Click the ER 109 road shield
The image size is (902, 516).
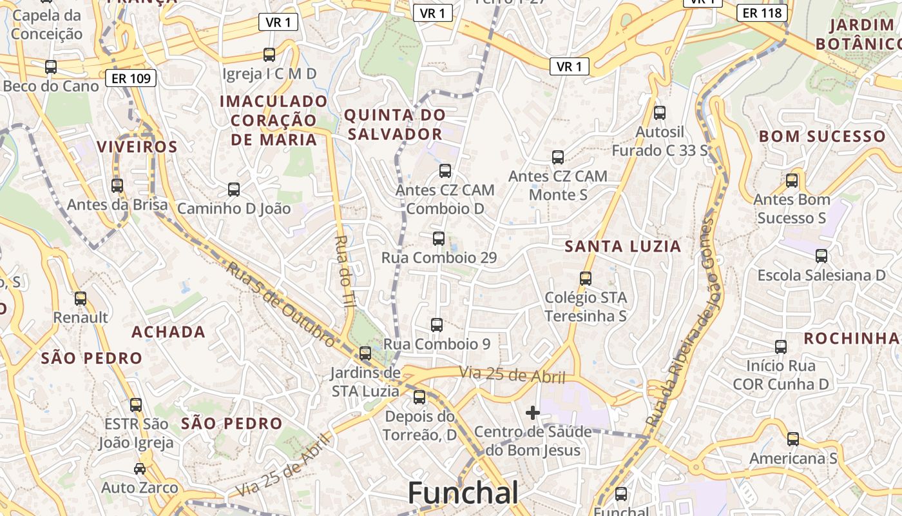[131, 79]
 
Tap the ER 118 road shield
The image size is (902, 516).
[762, 12]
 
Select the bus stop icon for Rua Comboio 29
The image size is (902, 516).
[439, 239]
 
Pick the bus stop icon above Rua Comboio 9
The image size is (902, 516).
[437, 324]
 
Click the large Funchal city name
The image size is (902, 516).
[463, 493]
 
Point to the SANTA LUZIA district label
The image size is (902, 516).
[622, 246]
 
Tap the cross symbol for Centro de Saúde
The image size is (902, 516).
[533, 413]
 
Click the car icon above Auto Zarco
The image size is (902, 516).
[140, 468]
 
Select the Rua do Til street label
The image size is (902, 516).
[342, 275]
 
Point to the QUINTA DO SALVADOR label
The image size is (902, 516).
[394, 124]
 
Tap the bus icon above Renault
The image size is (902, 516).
[81, 299]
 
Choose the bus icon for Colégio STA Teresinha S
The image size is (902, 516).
[585, 279]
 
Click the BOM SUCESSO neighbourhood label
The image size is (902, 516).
[822, 136]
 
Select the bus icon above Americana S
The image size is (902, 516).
[792, 439]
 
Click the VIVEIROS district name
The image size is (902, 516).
[137, 146]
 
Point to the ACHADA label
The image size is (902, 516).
[168, 332]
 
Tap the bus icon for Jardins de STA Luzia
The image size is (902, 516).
[365, 353]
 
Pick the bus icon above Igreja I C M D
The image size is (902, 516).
[269, 55]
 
